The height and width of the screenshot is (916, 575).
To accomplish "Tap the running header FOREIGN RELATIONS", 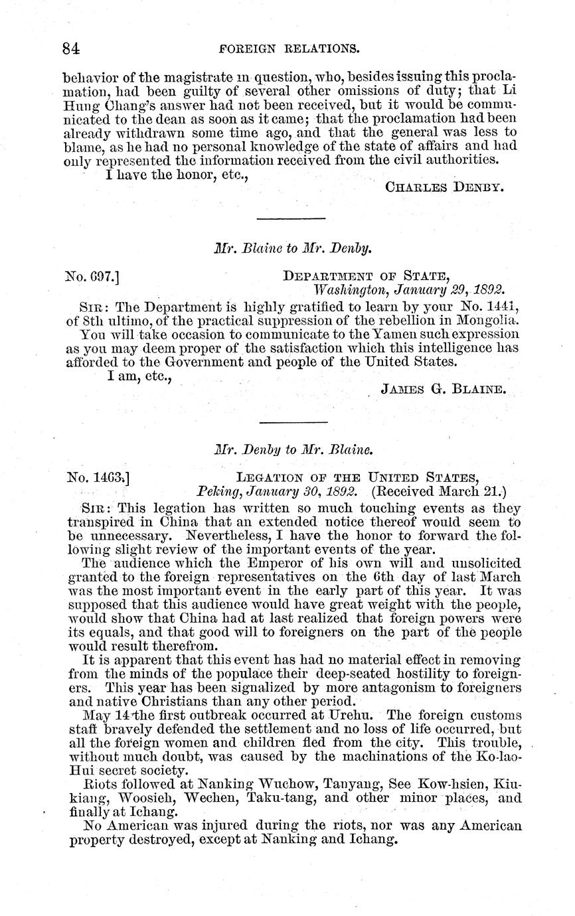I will [289, 48].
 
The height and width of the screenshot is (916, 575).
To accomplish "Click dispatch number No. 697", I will [92, 273].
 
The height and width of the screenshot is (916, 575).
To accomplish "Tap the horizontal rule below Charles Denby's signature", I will [291, 218].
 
